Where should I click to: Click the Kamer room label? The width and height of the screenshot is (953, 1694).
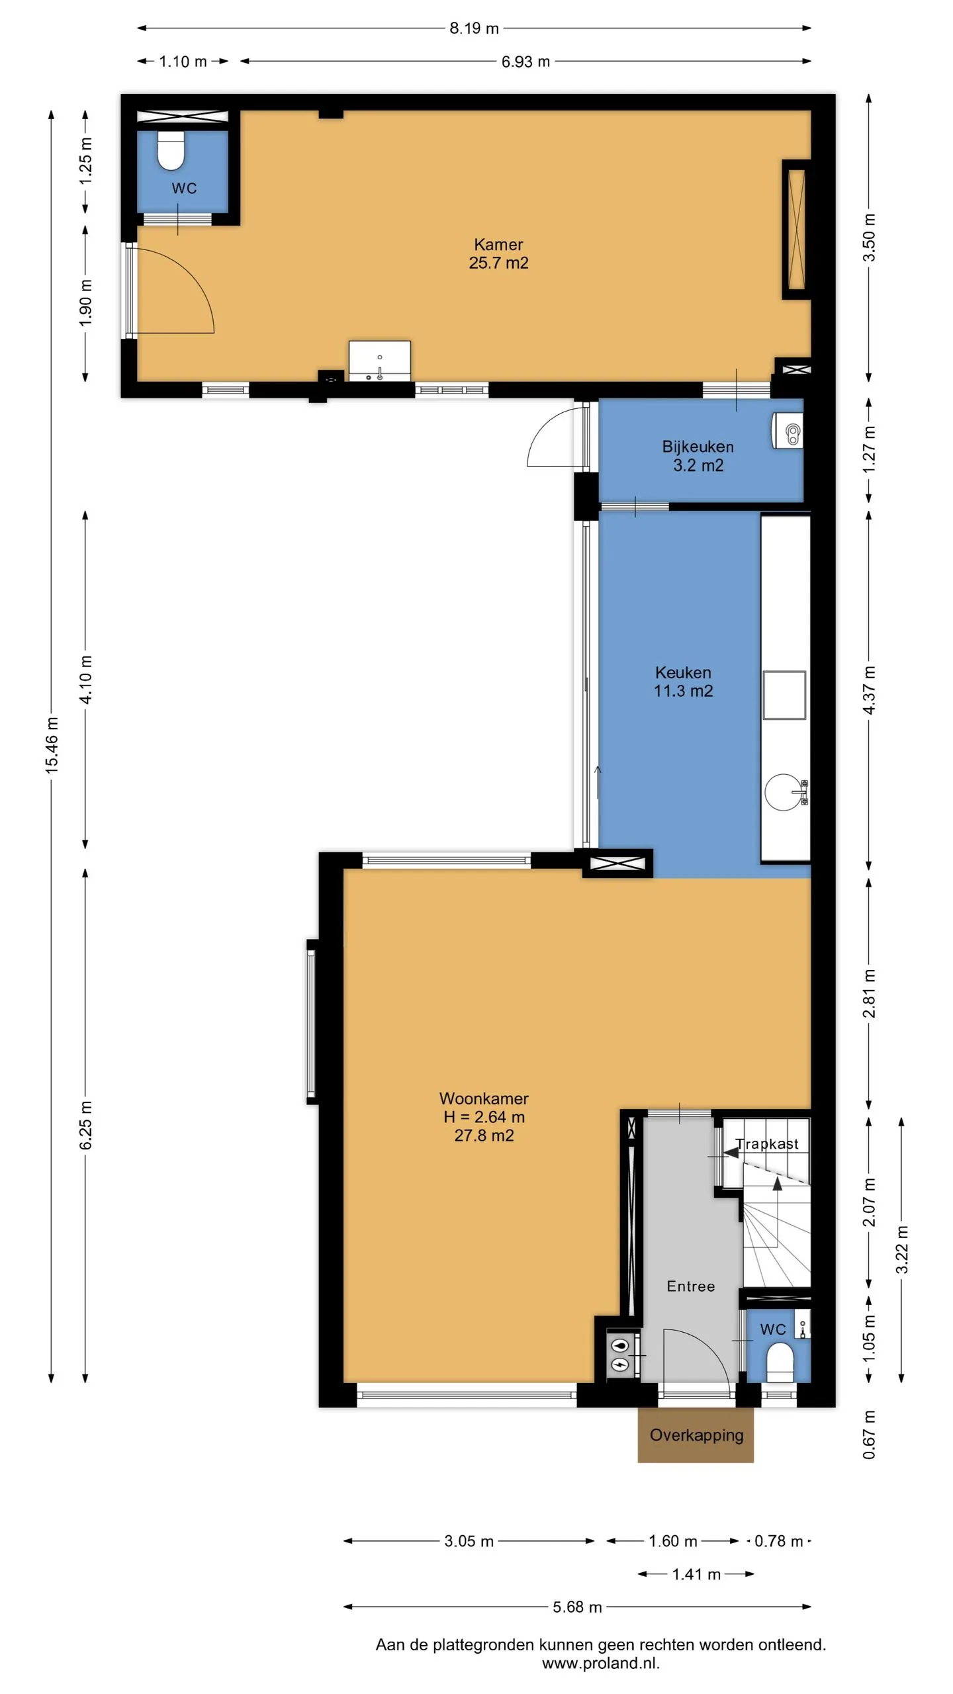[498, 244]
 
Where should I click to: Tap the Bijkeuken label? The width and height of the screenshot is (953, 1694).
[698, 447]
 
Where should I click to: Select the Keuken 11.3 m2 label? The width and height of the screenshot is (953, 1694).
[683, 682]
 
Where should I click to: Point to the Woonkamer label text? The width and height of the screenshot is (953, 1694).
[484, 1098]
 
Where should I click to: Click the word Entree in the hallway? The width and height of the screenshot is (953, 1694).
[691, 1286]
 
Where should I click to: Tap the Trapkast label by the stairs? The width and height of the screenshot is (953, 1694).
[767, 1144]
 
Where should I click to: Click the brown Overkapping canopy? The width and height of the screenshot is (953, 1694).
[696, 1435]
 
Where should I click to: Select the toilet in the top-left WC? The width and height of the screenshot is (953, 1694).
[171, 151]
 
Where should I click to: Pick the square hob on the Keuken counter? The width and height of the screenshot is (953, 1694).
[784, 695]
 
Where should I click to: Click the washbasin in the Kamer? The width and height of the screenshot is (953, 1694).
[380, 361]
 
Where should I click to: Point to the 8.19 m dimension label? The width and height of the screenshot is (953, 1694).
[474, 28]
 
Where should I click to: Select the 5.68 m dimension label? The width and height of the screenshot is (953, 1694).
[577, 1607]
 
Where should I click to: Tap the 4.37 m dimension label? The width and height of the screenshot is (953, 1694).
[870, 690]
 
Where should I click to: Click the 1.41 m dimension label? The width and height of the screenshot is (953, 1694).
[696, 1574]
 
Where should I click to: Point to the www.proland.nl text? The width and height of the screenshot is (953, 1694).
[601, 1663]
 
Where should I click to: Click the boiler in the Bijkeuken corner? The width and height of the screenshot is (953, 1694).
[788, 431]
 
